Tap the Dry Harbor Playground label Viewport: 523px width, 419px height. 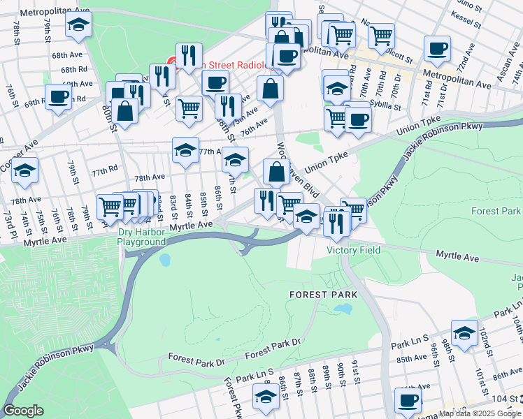click(142, 237)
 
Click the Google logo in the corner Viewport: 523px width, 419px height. click(22, 411)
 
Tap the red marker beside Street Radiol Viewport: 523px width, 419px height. click(172, 64)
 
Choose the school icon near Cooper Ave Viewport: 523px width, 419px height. click(24, 170)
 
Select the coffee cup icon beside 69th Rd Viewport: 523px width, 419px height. click(59, 96)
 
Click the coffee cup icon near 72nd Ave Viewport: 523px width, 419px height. click(438, 48)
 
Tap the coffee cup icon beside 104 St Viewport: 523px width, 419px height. click(408, 400)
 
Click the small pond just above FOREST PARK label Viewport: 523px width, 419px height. click(343, 308)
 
